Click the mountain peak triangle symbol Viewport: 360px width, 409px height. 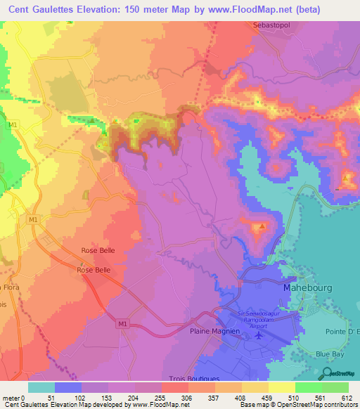tap(262, 226)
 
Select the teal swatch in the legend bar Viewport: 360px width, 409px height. tap(41, 387)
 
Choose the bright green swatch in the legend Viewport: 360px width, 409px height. tap(309, 387)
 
